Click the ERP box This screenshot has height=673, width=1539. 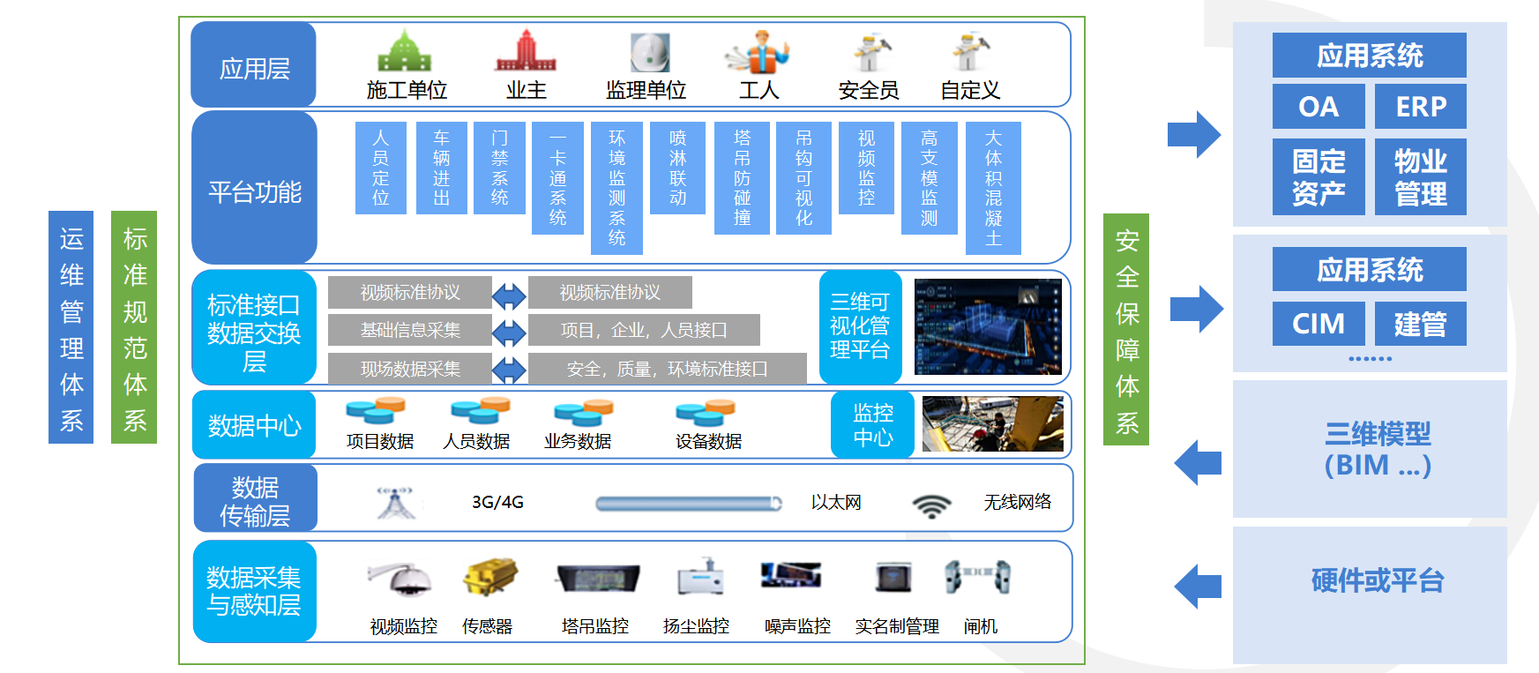[x=1420, y=107]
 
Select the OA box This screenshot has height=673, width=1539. [x=1319, y=107]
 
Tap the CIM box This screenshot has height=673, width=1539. [x=1319, y=324]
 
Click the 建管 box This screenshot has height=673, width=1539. [x=1420, y=324]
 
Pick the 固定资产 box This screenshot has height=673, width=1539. [x=1319, y=176]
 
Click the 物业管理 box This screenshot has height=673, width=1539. [x=1420, y=176]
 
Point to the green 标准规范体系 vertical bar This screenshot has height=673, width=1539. [x=134, y=327]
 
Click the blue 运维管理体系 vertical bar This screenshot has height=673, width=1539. [x=71, y=327]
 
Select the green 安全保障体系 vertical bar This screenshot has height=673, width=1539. [x=1126, y=330]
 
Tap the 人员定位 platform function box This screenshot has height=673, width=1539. [x=380, y=168]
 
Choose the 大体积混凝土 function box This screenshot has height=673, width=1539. [x=993, y=188]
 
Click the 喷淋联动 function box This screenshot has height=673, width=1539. [x=677, y=168]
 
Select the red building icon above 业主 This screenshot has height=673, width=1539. [x=526, y=51]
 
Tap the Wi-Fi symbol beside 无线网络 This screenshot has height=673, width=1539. [x=931, y=505]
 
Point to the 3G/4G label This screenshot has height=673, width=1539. [x=497, y=503]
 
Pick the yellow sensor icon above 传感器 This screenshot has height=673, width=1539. [x=489, y=577]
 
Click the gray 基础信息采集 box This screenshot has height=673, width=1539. [x=410, y=330]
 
